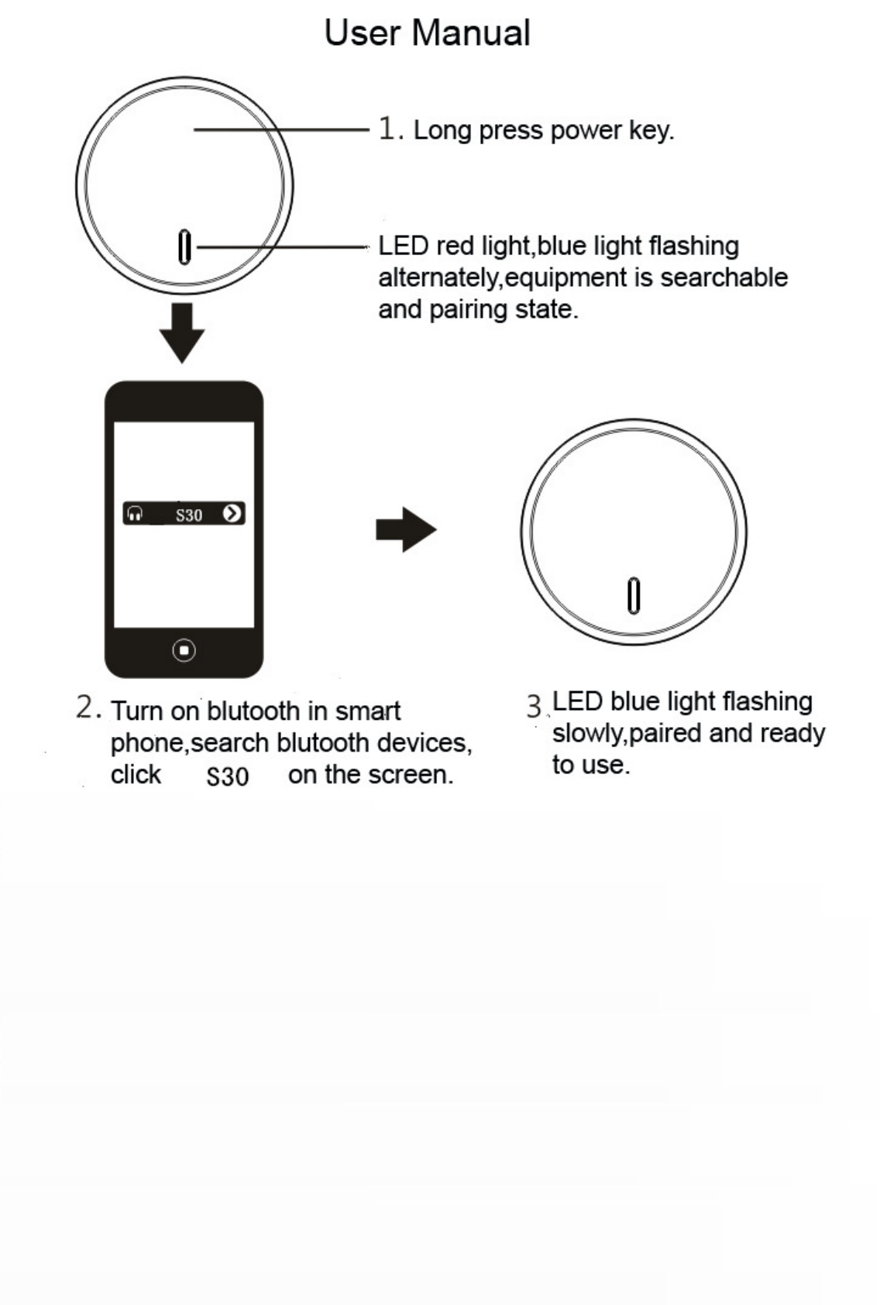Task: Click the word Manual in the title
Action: click(x=471, y=33)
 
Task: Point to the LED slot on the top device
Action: click(x=184, y=247)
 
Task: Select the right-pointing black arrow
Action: click(x=406, y=530)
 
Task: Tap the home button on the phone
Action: click(x=184, y=650)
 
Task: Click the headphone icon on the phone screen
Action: click(x=136, y=514)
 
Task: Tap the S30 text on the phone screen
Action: click(x=189, y=515)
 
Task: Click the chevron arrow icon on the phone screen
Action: click(x=232, y=513)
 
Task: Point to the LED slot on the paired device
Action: click(x=634, y=595)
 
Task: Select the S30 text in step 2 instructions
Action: click(x=228, y=776)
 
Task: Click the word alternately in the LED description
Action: click(x=438, y=278)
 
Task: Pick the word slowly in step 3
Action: click(x=587, y=733)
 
